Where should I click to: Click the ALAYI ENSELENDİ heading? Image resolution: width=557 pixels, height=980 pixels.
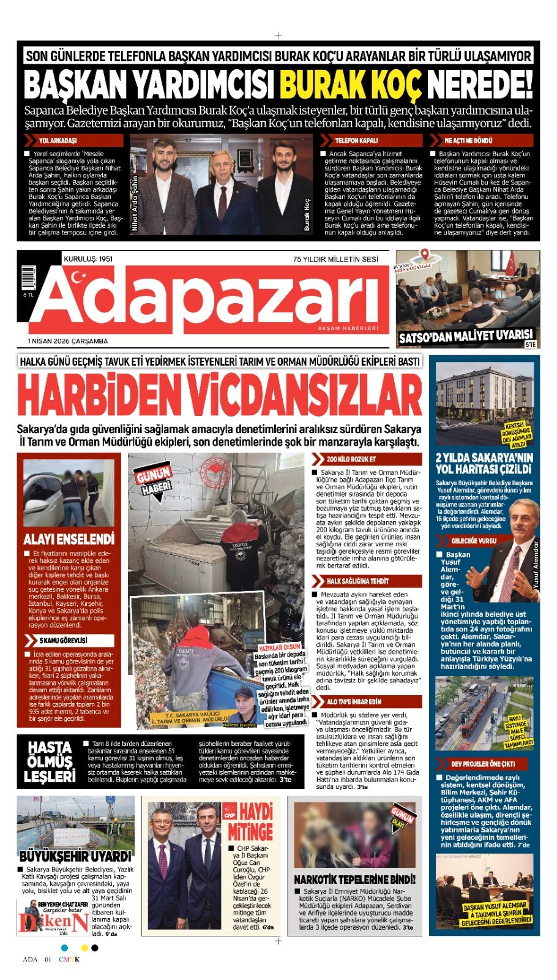[69, 540]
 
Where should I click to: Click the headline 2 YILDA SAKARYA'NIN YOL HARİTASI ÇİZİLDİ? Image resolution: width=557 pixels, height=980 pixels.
[484, 464]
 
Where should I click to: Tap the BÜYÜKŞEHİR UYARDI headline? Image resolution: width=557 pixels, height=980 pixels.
[75, 856]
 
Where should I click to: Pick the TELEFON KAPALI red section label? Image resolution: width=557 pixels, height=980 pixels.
[356, 140]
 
